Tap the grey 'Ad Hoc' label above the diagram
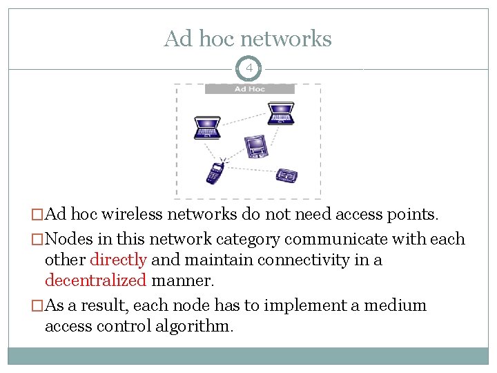pos(249,88)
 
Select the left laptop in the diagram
pos(207,126)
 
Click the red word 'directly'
pos(118,260)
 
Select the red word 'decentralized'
pos(95,280)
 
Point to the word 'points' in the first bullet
pos(413,215)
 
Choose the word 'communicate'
pos(296,240)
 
